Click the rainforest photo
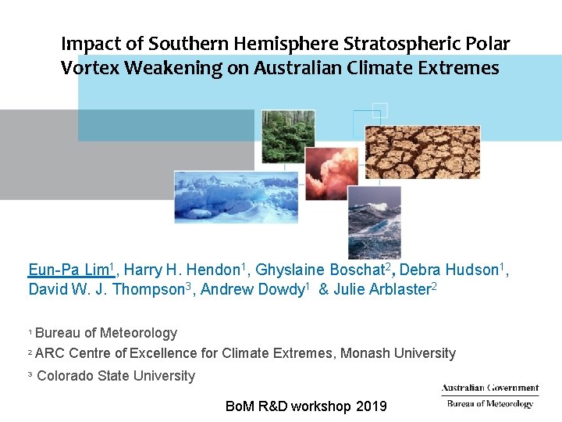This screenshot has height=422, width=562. [x=287, y=136]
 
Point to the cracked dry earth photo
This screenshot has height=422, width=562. [x=422, y=152]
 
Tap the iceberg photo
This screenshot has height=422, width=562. [x=236, y=197]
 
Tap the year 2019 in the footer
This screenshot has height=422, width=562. [x=371, y=406]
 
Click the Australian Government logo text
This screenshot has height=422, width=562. [x=489, y=388]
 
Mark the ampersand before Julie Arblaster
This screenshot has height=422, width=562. [x=322, y=288]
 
